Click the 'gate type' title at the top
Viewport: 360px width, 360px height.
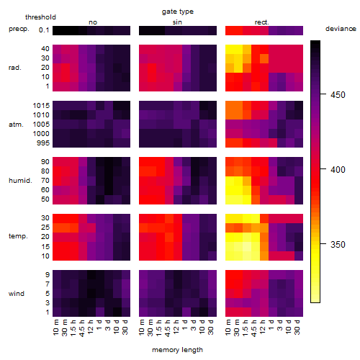(x=178, y=12)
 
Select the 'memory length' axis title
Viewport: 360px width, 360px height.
(x=177, y=350)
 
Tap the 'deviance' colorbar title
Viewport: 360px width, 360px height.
(x=341, y=29)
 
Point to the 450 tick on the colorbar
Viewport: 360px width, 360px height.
(x=323, y=94)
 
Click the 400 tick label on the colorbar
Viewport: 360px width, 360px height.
(x=338, y=170)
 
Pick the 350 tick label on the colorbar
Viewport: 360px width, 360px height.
(x=338, y=245)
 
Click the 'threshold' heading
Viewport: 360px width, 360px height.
(x=40, y=17)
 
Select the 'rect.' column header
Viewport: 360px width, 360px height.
(x=262, y=22)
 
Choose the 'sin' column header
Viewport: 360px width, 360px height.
(x=177, y=22)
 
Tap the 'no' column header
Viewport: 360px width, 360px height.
(x=93, y=22)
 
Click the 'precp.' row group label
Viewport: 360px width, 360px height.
(x=19, y=30)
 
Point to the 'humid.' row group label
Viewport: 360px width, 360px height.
(x=20, y=181)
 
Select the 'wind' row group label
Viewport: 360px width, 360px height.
(x=17, y=294)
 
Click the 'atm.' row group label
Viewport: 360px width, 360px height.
(x=16, y=125)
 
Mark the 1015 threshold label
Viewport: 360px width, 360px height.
(x=41, y=106)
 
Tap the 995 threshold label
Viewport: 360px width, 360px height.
(x=43, y=143)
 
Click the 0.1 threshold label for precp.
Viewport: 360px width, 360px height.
(x=44, y=30)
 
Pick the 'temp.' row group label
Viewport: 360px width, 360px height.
(x=18, y=236)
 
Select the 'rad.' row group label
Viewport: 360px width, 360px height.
(x=15, y=68)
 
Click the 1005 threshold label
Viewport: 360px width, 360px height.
(x=41, y=125)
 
